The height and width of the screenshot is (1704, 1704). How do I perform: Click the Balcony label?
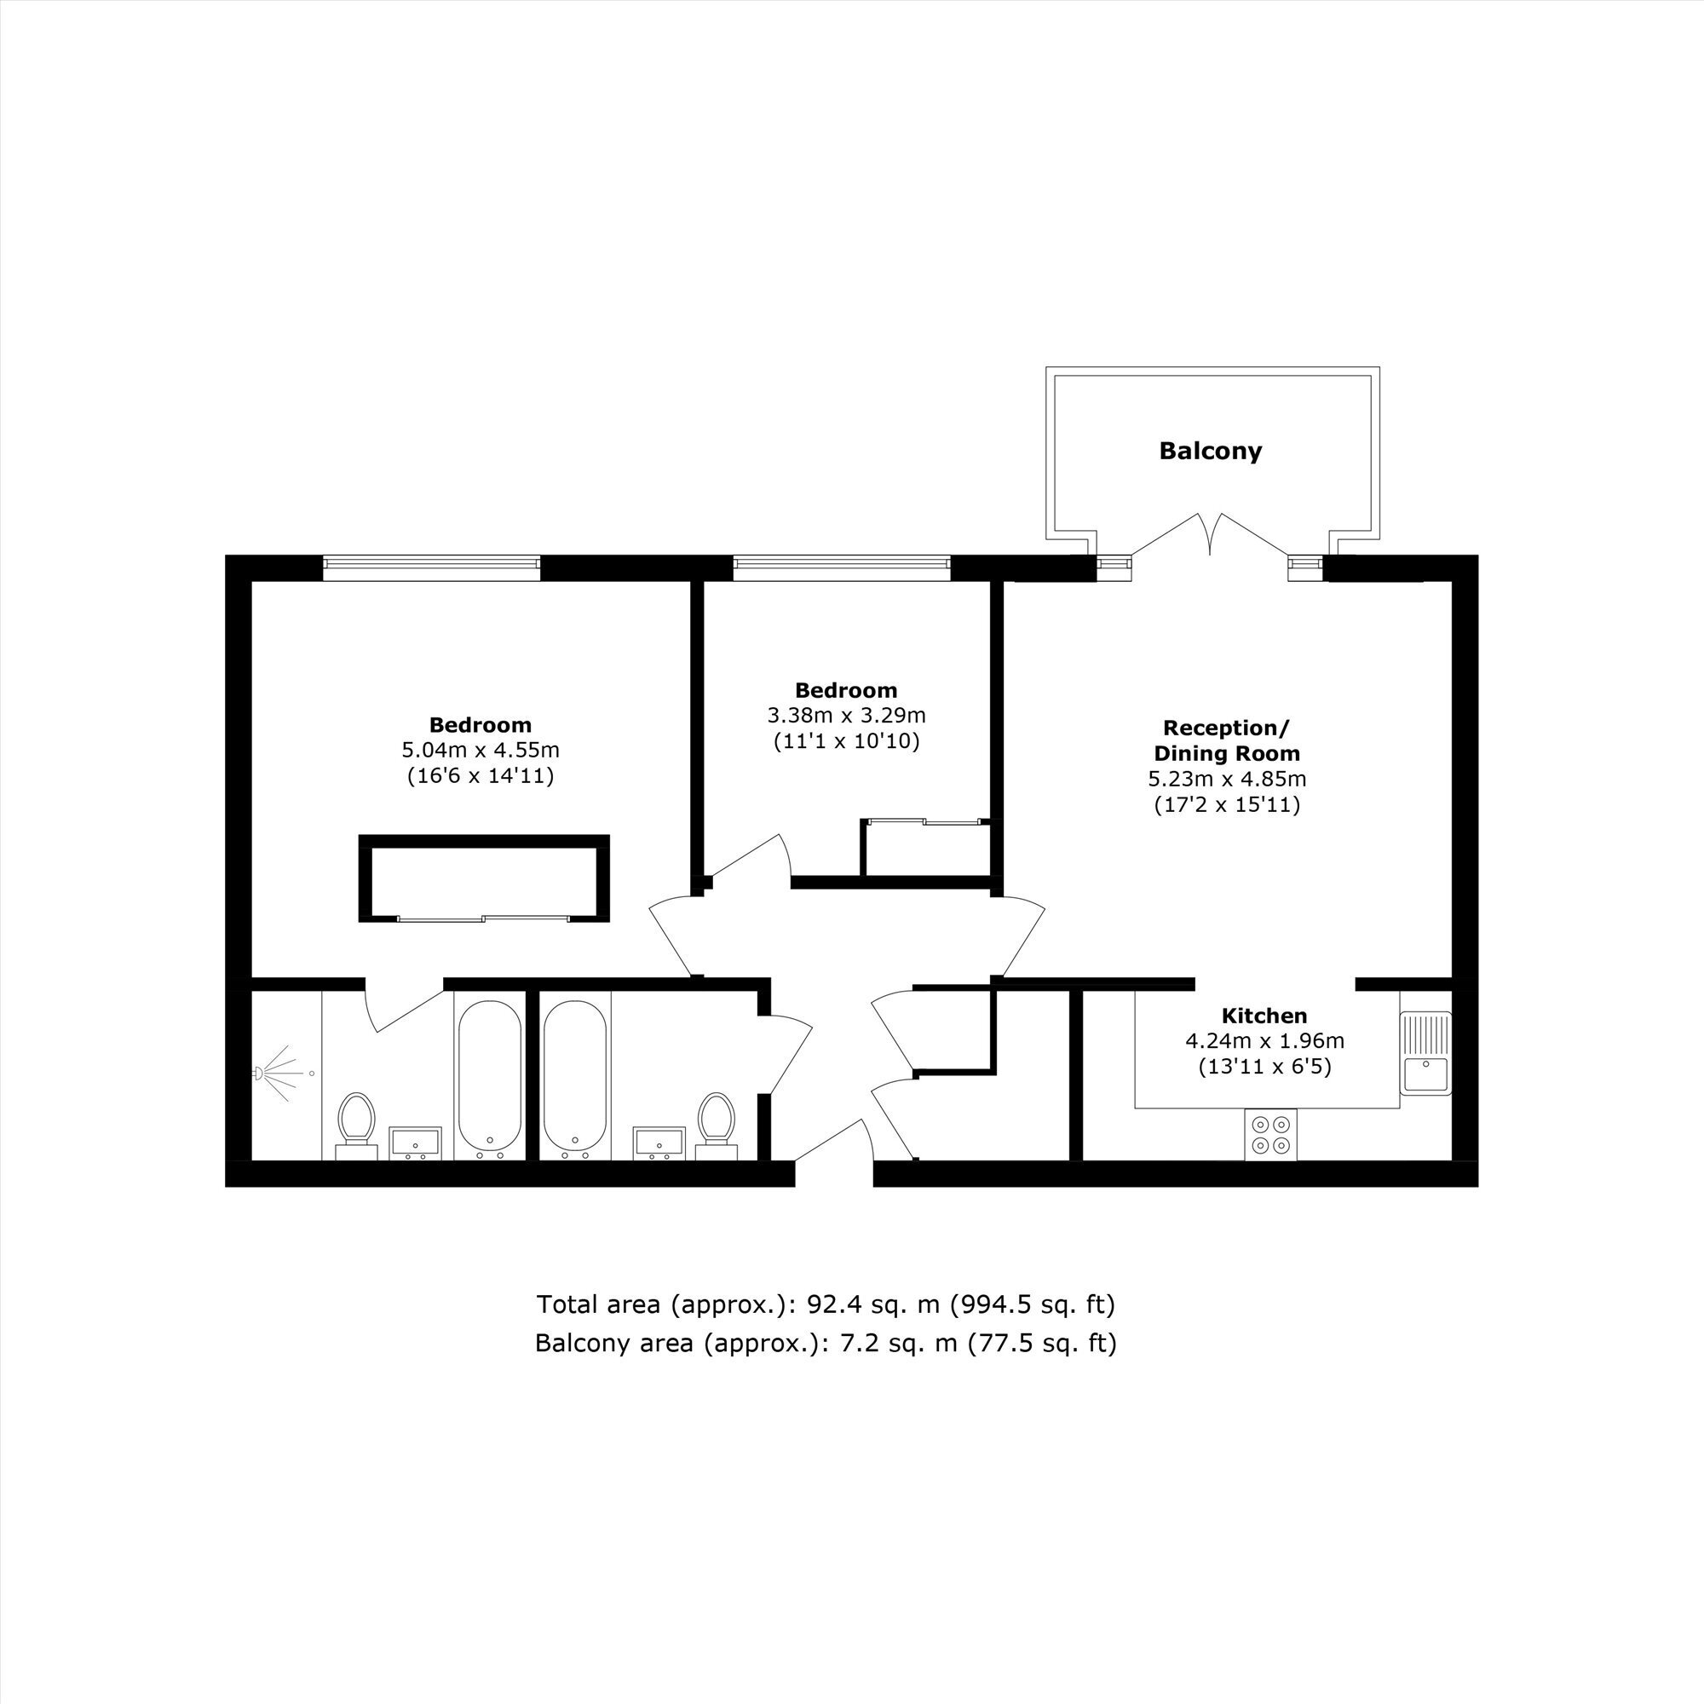tap(1210, 452)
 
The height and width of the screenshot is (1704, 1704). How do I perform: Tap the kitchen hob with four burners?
tap(1271, 1134)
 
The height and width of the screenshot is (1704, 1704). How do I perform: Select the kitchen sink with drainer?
tap(1425, 1053)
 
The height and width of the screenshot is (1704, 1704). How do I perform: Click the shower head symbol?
tap(273, 1074)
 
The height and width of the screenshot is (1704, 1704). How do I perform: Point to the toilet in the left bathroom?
tap(356, 1125)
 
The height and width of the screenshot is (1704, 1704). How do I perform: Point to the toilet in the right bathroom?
tap(717, 1125)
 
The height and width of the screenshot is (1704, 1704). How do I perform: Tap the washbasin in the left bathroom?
tap(416, 1143)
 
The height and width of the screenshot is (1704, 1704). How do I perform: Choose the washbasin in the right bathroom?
tap(659, 1143)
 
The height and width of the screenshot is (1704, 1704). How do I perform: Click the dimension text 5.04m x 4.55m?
tap(481, 751)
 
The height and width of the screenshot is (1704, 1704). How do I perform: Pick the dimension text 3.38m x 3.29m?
tap(847, 716)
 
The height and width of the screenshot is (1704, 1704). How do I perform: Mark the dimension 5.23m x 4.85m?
tap(1227, 779)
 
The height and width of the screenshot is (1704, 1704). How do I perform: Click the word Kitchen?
tap(1264, 1016)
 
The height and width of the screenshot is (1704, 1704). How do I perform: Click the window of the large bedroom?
tap(431, 568)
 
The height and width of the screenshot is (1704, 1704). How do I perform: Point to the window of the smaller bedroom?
tap(842, 568)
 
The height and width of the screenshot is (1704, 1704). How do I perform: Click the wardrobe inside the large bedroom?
tap(484, 878)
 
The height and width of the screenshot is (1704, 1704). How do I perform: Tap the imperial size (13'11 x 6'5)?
tap(1264, 1067)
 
